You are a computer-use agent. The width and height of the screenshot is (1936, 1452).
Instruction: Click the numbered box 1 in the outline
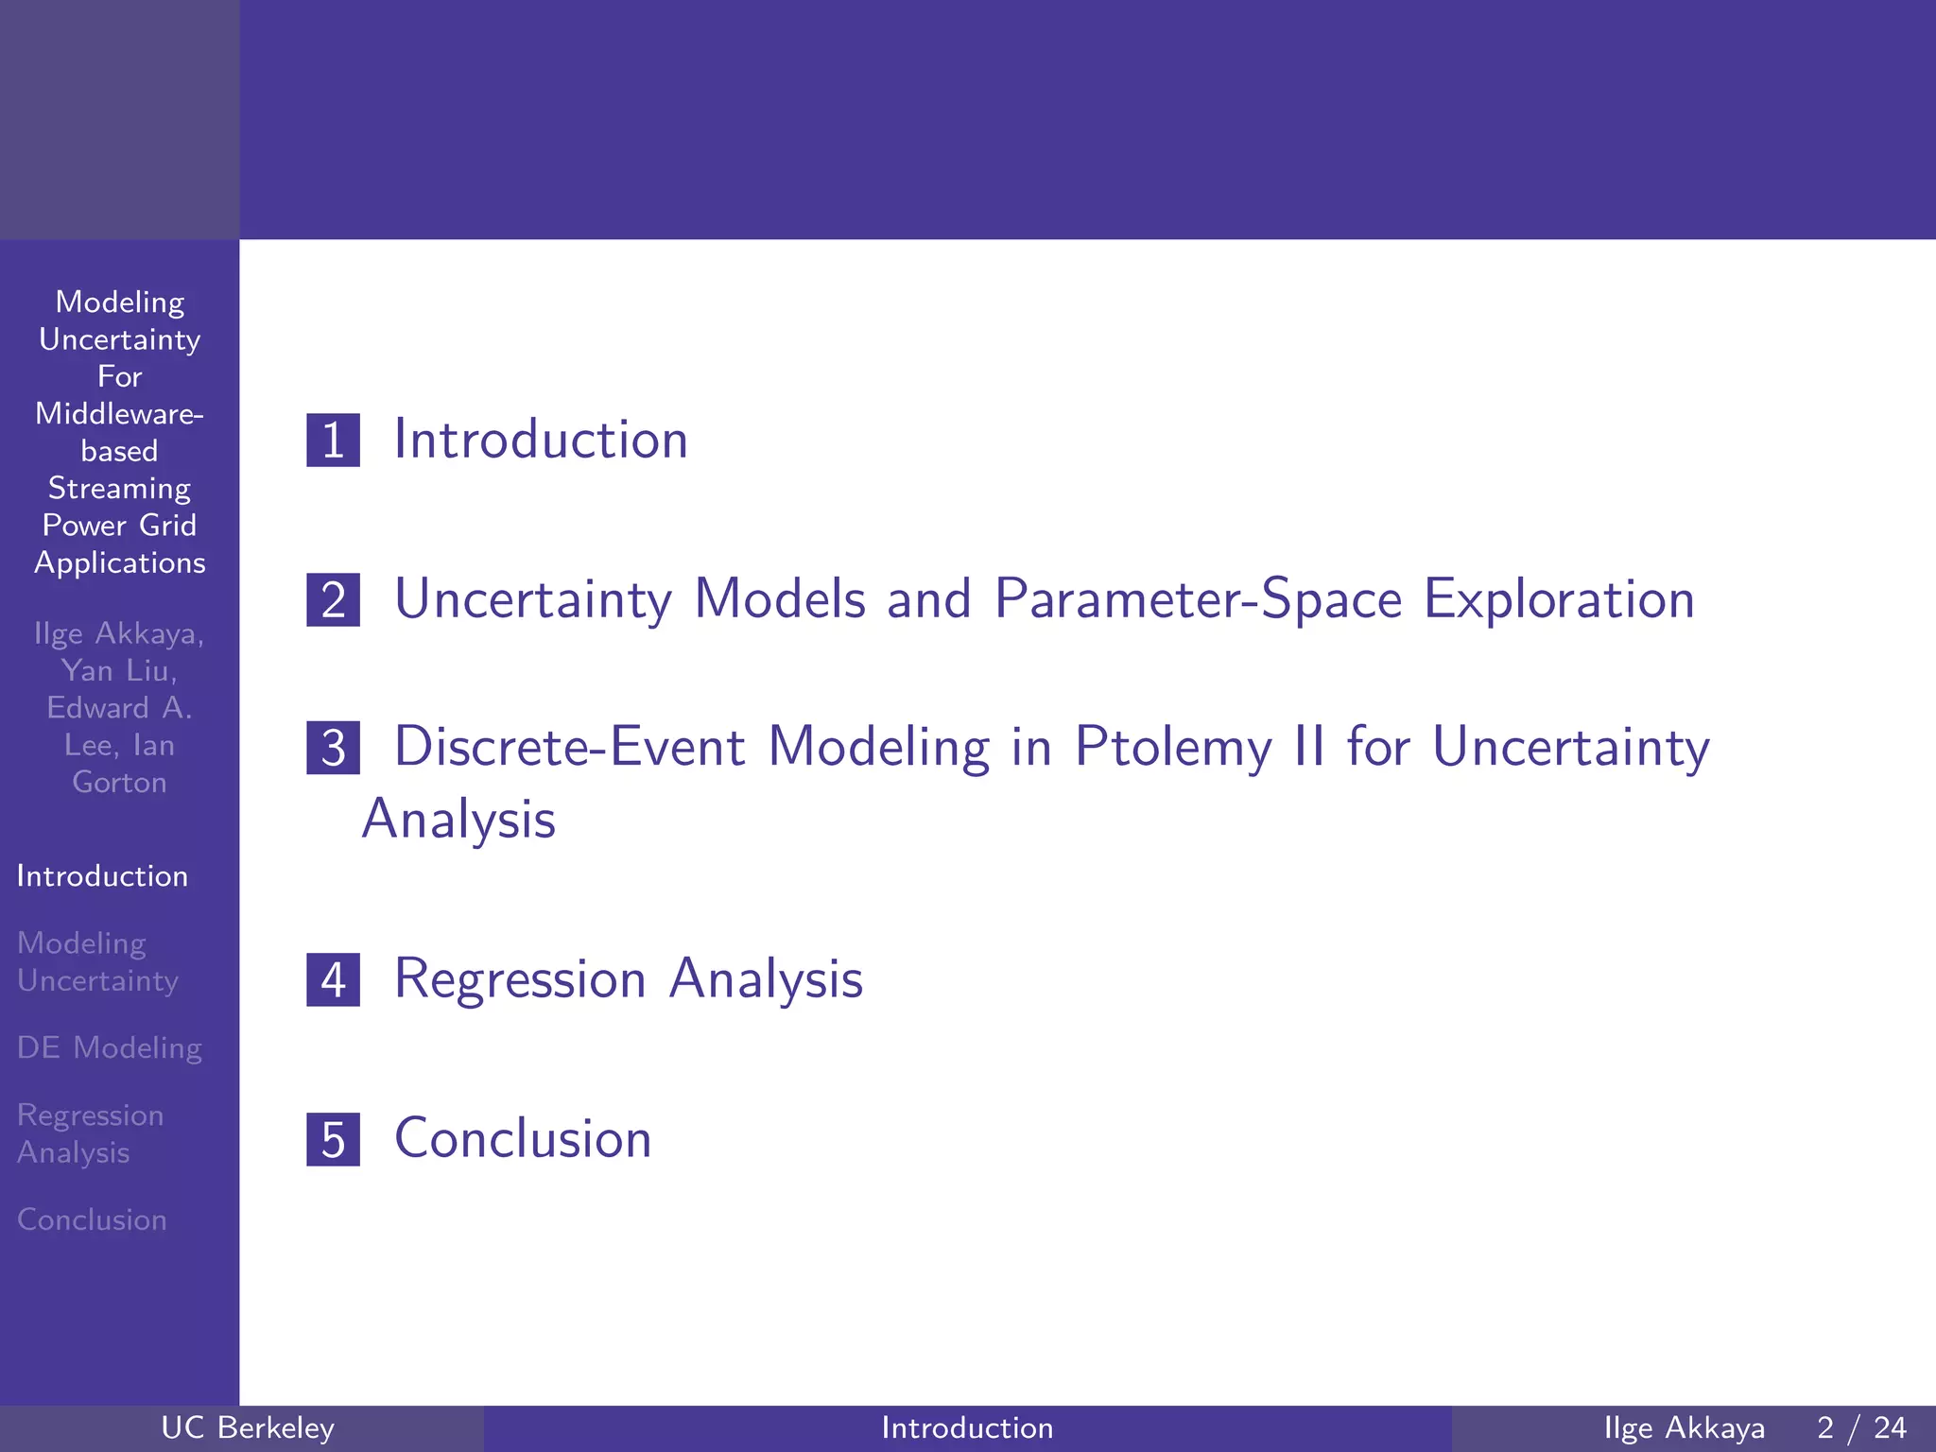[333, 441]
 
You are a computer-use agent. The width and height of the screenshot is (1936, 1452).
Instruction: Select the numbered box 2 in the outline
[333, 600]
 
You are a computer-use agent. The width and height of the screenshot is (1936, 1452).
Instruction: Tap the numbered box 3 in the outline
[333, 748]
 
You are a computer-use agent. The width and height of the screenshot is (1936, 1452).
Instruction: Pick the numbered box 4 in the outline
[333, 979]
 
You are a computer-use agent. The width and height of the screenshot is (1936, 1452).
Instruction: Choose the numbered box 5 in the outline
[333, 1139]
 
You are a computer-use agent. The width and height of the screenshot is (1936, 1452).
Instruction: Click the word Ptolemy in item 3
[1173, 748]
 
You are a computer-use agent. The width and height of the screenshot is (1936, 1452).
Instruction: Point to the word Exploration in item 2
[1559, 599]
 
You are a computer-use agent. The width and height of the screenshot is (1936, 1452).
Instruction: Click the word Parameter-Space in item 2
[1198, 599]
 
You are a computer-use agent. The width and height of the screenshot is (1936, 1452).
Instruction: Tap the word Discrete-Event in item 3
[569, 747]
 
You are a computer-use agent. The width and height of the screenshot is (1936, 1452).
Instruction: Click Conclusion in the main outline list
[523, 1138]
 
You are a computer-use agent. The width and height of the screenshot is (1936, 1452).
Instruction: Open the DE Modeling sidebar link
[110, 1048]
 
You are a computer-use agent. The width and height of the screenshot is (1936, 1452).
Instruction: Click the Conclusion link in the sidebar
[92, 1219]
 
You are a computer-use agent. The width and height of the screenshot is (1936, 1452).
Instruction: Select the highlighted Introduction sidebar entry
[102, 876]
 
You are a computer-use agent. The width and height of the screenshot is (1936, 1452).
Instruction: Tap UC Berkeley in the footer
[248, 1427]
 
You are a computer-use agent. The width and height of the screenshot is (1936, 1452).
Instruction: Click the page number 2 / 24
[1861, 1427]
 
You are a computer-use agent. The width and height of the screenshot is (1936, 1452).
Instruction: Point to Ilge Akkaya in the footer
[1684, 1427]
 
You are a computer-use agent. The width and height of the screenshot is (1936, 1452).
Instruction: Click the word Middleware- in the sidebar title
[119, 414]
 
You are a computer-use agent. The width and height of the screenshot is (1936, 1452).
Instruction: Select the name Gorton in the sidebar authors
[119, 783]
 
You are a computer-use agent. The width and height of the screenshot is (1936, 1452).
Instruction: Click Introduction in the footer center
[967, 1427]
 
